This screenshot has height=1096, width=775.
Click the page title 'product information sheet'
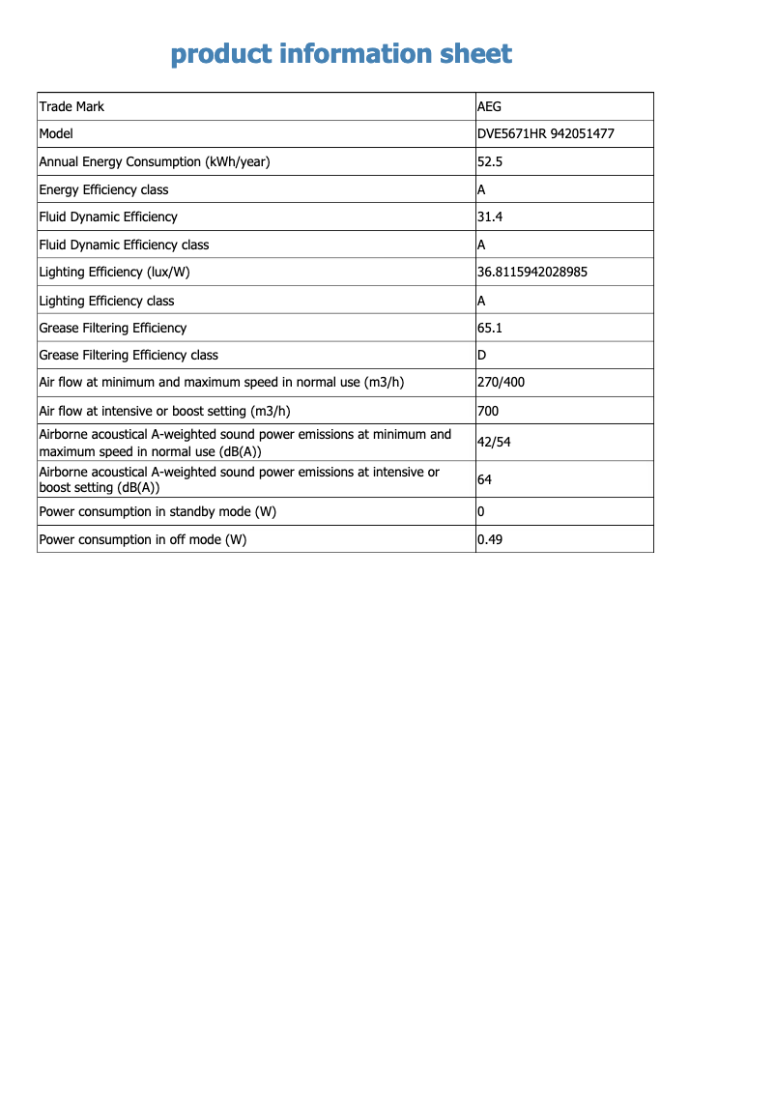point(341,54)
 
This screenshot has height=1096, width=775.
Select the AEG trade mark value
point(489,106)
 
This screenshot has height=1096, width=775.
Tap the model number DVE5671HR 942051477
point(545,134)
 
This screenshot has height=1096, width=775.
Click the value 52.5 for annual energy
point(490,161)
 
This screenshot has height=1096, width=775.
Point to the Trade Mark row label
point(72,106)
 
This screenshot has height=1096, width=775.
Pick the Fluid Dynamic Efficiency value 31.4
point(490,217)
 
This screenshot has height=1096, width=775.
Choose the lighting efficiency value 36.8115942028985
point(532,273)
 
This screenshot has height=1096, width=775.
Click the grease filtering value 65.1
point(490,329)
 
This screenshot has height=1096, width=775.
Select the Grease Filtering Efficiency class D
point(481,356)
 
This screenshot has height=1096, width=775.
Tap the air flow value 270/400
point(501,383)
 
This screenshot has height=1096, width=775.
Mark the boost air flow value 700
point(488,412)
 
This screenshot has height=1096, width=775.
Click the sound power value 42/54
point(494,443)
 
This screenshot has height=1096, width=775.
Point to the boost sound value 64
point(485,479)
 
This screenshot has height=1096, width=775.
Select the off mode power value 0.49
point(490,540)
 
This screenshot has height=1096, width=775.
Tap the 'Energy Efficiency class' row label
point(103,190)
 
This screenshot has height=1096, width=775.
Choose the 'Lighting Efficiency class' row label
point(106,302)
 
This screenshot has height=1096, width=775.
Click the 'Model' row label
point(56,134)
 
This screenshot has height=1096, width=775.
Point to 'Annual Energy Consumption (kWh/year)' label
point(155,162)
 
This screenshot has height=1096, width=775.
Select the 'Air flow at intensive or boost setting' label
point(164,412)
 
